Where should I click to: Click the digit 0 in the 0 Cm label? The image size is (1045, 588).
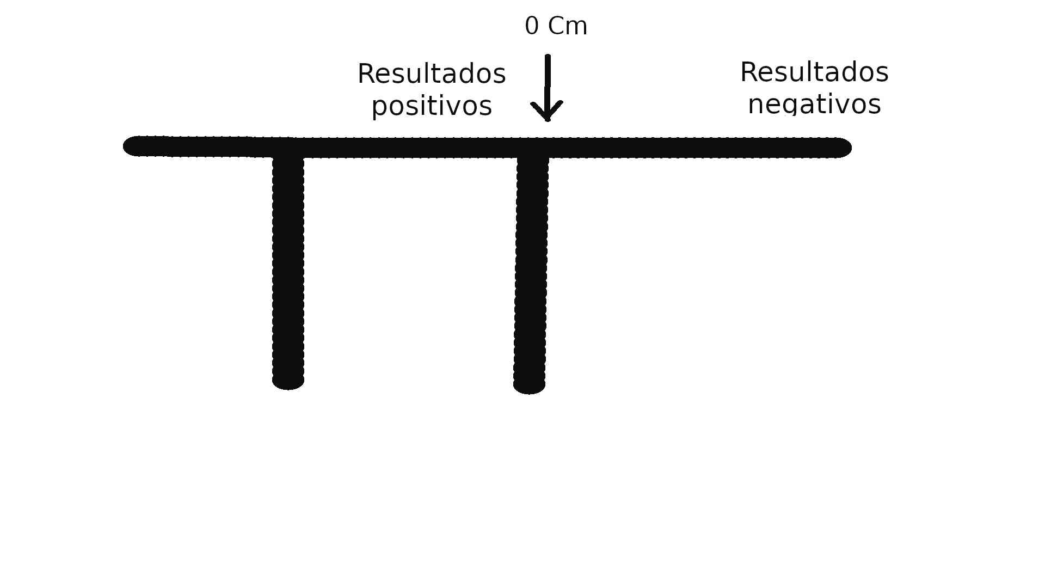pyautogui.click(x=532, y=26)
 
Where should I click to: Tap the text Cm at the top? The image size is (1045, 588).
pyautogui.click(x=568, y=26)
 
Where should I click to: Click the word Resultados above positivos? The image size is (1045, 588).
pyautogui.click(x=432, y=73)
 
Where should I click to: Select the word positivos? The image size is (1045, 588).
pyautogui.click(x=432, y=106)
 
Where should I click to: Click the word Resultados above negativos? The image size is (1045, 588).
pyautogui.click(x=814, y=72)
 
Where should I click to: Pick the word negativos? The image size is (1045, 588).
pyautogui.click(x=814, y=104)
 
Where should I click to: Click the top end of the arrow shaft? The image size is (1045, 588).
pyautogui.click(x=548, y=56)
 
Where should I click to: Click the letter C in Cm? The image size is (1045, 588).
pyautogui.click(x=556, y=26)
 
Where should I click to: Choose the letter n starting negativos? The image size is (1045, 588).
pyautogui.click(x=755, y=106)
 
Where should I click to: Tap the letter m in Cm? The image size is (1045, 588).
pyautogui.click(x=577, y=28)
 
